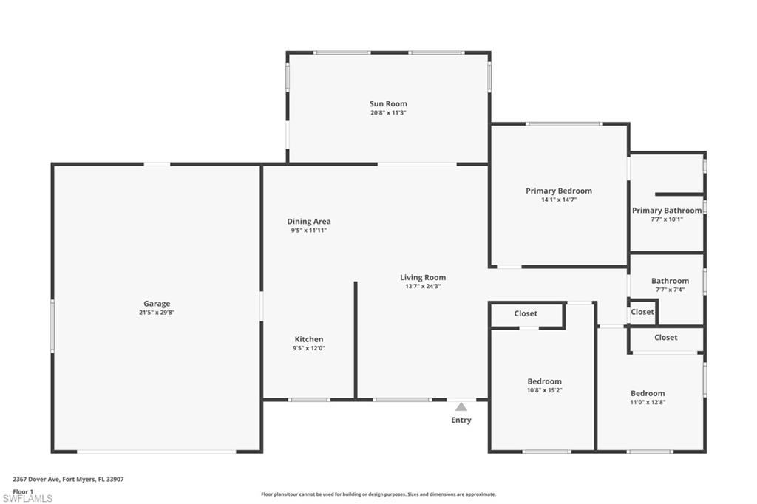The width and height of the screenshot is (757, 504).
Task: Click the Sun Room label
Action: pos(388,104)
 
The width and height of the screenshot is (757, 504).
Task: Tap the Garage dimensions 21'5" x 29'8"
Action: pos(157,313)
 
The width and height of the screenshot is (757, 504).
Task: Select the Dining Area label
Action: pos(309,221)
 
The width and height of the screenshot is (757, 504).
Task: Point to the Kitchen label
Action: pos(309,339)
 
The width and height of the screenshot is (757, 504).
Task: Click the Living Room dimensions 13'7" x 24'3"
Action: pos(423,287)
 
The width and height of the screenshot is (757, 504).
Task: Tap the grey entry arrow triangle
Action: pos(461,406)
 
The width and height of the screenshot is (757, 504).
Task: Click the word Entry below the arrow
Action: pos(461,420)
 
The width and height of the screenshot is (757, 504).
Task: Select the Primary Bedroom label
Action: pos(559,191)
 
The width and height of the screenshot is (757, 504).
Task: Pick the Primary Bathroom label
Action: pos(667,211)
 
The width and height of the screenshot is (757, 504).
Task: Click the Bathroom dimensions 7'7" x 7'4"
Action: pos(670,290)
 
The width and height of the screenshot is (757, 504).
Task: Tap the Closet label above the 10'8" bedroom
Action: pos(526,313)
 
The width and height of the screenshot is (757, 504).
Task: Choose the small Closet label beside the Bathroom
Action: pos(642,312)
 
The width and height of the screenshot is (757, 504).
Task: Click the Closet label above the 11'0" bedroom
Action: pos(665,338)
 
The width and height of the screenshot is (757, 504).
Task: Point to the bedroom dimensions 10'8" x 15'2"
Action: pos(544,390)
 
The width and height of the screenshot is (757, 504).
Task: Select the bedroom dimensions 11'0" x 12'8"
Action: pos(648,402)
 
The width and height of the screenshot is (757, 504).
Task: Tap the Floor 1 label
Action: pos(24,491)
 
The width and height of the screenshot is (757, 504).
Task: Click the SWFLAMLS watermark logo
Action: pos(27,498)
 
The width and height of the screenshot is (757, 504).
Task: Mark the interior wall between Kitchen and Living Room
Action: pos(356,340)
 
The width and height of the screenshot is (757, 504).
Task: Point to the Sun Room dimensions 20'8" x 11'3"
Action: pos(388,113)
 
